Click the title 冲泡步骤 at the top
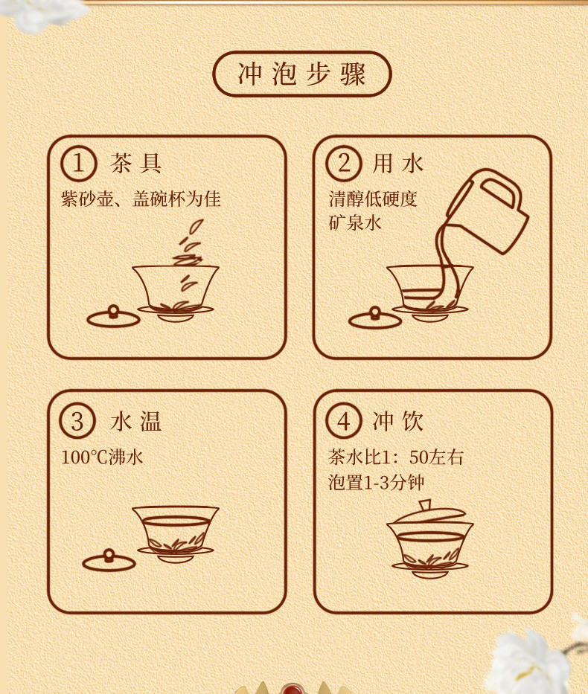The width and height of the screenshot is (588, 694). (302, 74)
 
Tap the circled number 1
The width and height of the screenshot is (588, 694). (78, 163)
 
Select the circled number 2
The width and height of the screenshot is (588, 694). (344, 163)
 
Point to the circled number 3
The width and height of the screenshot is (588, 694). (77, 421)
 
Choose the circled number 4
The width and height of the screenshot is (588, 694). (344, 421)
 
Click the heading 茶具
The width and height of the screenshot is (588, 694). (136, 164)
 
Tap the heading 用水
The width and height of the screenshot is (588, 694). (398, 164)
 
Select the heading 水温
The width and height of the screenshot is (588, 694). (135, 421)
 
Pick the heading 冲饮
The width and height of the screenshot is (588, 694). (398, 421)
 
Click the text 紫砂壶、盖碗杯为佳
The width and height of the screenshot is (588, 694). (141, 199)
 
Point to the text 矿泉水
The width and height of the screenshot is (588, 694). (354, 222)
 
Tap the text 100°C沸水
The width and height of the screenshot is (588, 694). (102, 457)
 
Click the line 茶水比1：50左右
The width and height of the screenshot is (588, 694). (395, 457)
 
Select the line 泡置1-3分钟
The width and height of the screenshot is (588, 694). (377, 482)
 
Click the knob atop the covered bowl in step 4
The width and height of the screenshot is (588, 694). (425, 505)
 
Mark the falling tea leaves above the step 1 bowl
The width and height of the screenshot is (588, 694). (191, 257)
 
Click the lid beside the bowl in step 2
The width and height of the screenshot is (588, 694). (375, 318)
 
